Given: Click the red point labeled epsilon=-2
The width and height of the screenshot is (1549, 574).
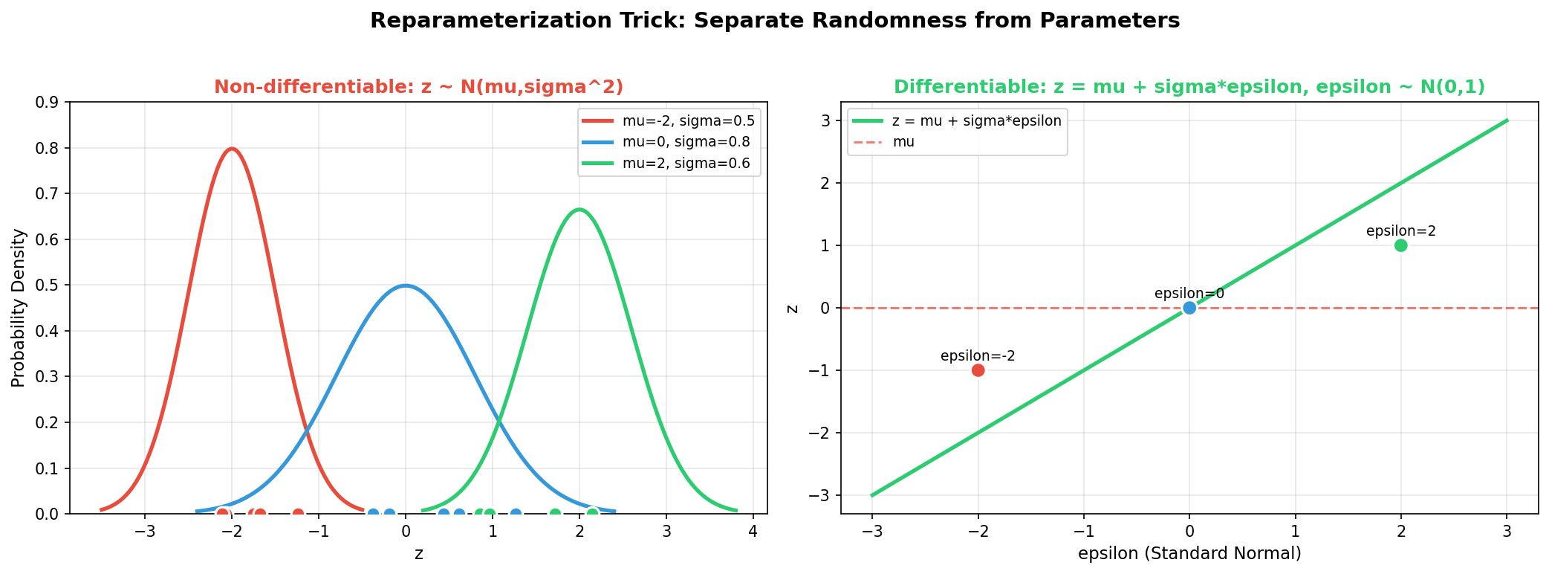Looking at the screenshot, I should coord(978,370).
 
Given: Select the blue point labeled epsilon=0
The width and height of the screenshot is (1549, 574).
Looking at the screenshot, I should coord(1189,308).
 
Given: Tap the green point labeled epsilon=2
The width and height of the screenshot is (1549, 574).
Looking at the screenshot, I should coord(1401,245).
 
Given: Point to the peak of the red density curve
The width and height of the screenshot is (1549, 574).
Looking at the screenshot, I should coord(233,149).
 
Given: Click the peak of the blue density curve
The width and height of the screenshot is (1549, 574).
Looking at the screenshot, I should coord(406,286).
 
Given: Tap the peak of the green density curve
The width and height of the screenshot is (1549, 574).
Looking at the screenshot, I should coord(579,210).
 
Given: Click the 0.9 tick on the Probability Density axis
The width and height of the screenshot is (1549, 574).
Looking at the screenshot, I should coord(47,102).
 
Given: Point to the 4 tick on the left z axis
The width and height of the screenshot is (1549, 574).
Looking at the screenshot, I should coord(753,532).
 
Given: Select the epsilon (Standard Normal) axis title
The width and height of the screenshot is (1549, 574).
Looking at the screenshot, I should coord(1189,553).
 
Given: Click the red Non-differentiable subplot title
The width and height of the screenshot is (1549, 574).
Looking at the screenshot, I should coord(418,87).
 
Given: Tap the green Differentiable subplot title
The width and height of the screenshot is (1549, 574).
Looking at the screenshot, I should coord(1189,87).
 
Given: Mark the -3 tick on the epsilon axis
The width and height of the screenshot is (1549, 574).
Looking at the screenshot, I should coord(871,532).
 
